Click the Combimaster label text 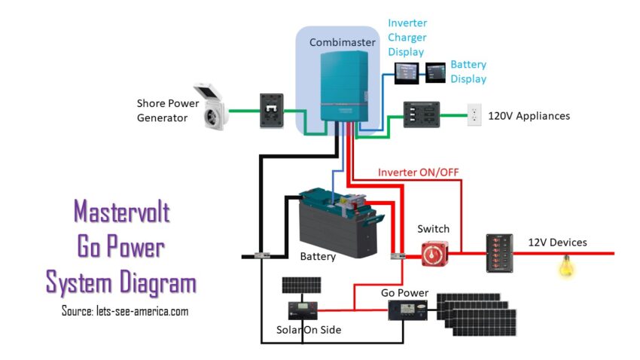tap(342, 43)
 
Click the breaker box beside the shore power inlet tap(271, 111)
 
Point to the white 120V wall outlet tap(474, 114)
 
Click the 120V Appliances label tap(529, 116)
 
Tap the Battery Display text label tap(468, 72)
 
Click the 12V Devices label tap(556, 243)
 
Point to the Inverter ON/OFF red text tap(418, 172)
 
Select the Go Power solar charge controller tap(407, 309)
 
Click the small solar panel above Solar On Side tap(301, 285)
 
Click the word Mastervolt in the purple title tap(121, 213)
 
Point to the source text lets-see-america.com tap(125, 310)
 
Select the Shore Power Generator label tap(162, 111)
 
